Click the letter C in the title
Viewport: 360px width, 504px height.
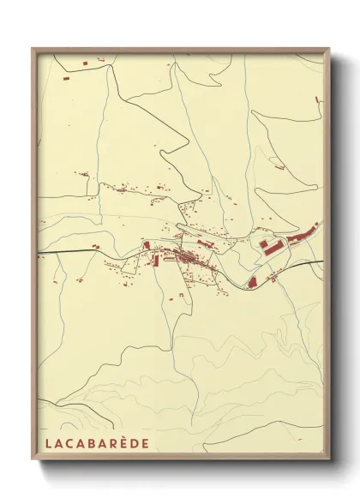click(67, 443)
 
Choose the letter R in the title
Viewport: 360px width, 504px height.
click(110, 443)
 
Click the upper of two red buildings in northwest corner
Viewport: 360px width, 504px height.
click(86, 63)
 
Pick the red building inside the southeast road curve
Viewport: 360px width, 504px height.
click(253, 280)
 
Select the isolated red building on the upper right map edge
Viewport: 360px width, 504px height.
click(318, 101)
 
